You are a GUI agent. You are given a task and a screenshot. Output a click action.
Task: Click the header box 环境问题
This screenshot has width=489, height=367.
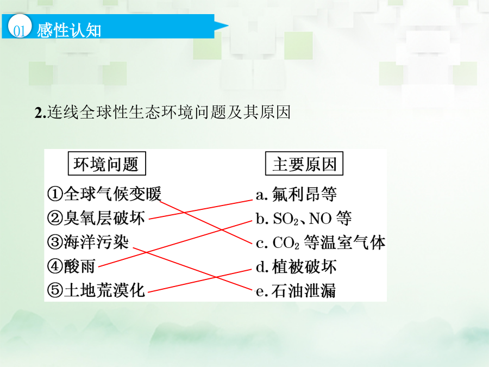107,164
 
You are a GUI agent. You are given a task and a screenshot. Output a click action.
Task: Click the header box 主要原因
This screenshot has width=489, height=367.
304,164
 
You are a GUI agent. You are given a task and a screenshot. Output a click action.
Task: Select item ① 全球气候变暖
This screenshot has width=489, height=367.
104,194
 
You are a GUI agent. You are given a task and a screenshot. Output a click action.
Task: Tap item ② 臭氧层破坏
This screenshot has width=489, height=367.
96,218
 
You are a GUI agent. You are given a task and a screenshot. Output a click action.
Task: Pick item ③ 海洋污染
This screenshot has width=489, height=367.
88,242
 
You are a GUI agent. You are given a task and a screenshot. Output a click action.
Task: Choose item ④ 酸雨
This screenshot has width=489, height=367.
71,266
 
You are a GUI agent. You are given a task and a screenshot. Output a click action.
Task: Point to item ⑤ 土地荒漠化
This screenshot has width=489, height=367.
96,290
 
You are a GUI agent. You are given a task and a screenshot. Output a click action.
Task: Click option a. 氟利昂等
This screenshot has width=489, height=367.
296,194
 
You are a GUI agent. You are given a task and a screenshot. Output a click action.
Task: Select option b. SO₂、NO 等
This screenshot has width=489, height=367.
304,218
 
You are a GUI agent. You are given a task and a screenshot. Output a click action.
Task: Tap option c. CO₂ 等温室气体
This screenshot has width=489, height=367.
321,242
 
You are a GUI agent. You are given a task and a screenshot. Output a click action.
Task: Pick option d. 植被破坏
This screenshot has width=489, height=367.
296,266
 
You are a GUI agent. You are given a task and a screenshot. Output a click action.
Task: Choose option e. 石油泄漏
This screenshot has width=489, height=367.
296,290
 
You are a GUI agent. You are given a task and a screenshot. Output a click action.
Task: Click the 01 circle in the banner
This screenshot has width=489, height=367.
20,26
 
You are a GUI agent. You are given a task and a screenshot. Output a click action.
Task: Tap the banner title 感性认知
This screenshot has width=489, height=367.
69,30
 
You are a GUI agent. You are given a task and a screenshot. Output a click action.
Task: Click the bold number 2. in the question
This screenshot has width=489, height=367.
40,113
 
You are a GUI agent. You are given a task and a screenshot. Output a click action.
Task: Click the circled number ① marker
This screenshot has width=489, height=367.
55,194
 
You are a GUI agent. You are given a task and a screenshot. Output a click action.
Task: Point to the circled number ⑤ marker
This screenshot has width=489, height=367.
55,290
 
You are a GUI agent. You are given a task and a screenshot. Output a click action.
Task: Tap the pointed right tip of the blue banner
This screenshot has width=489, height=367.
228,26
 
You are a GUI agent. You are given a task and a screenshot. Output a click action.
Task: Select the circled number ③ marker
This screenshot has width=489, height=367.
55,242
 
